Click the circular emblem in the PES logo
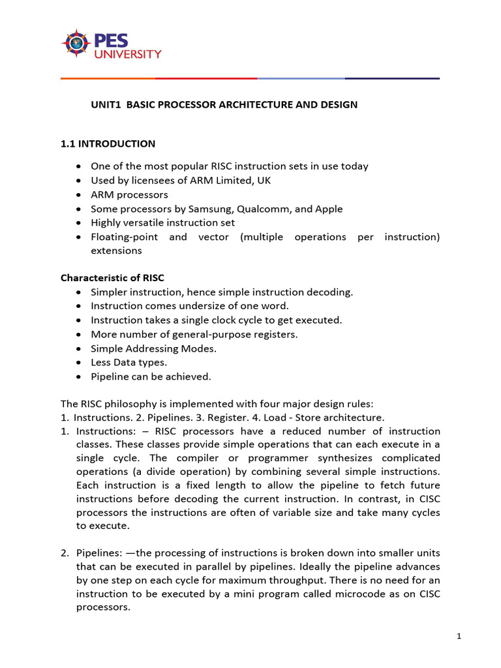pyautogui.click(x=76, y=43)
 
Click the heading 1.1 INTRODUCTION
pyautogui.click(x=108, y=144)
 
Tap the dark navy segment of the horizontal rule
pyautogui.click(x=392, y=78)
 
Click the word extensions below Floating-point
pyautogui.click(x=115, y=250)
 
